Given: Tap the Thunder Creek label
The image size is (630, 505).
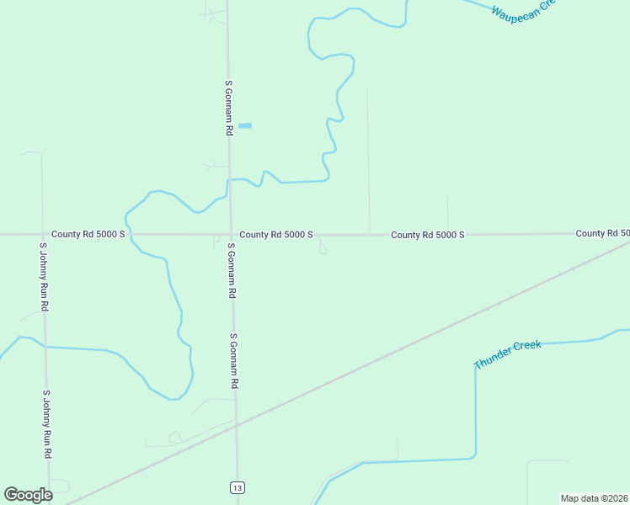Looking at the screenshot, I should click(x=507, y=354).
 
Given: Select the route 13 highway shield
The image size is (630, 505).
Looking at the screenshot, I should click(x=239, y=487).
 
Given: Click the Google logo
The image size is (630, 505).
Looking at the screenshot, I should click(x=28, y=495).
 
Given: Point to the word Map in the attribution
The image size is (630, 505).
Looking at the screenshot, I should click(x=571, y=498).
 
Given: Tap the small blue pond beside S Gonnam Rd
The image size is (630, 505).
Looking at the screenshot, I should click(x=245, y=126).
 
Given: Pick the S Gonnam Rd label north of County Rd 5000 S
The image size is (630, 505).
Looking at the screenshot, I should click(x=228, y=108).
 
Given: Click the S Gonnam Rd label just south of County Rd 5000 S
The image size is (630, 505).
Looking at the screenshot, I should click(x=231, y=271).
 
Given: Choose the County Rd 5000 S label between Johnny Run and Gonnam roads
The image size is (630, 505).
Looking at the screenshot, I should click(x=88, y=234).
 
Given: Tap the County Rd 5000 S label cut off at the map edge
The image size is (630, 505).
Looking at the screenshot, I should click(x=602, y=232).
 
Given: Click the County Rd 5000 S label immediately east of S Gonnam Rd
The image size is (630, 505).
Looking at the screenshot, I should click(x=276, y=234).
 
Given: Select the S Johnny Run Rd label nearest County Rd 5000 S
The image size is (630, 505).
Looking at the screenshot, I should click(x=44, y=278).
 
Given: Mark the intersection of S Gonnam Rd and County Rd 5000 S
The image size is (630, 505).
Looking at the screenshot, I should click(x=231, y=234).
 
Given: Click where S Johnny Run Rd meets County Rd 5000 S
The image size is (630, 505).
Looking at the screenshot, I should click(x=43, y=234).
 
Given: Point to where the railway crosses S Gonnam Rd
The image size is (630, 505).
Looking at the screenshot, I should click(x=237, y=425).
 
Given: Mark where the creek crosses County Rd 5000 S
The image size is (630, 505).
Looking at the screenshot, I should click(x=128, y=234).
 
